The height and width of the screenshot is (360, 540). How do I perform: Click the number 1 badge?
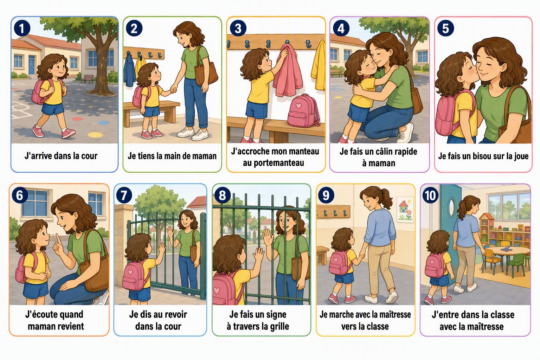click(22, 28)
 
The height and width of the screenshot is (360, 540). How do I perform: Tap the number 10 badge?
click(430, 195)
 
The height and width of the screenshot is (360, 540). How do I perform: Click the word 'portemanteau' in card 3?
click(274, 163)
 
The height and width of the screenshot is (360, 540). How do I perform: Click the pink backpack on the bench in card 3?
click(303, 111)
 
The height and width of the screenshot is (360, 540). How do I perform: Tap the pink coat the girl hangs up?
click(287, 70)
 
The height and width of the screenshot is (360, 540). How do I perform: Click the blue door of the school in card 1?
click(32, 65)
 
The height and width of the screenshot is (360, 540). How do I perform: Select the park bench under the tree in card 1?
click(87, 79)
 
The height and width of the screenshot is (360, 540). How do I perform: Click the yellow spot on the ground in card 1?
click(95, 135)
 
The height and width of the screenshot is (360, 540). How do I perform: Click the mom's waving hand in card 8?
click(268, 237)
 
